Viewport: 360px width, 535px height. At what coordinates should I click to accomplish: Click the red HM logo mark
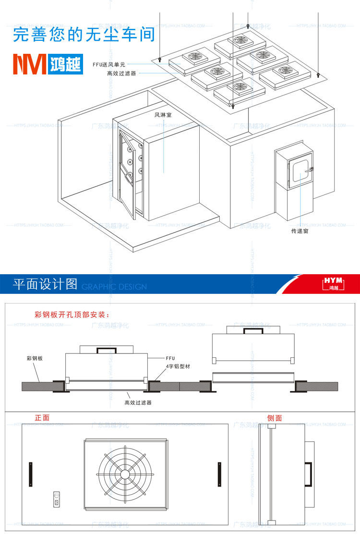pyautogui.click(x=30, y=63)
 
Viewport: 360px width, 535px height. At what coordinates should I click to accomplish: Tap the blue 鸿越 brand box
pyautogui.click(x=65, y=63)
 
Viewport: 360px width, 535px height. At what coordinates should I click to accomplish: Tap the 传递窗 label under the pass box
pyautogui.click(x=301, y=231)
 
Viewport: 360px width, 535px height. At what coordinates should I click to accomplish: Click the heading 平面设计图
pyautogui.click(x=45, y=284)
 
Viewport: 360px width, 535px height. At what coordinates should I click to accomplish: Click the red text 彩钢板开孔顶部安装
pyautogui.click(x=72, y=315)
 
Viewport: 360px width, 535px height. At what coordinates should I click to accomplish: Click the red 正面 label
pyautogui.click(x=42, y=418)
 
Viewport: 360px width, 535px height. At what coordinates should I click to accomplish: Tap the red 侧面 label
pyautogui.click(x=275, y=418)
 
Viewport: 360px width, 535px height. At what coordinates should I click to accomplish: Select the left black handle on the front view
pyautogui.click(x=31, y=474)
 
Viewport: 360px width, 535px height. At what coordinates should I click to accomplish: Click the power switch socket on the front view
pyautogui.click(x=57, y=499)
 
